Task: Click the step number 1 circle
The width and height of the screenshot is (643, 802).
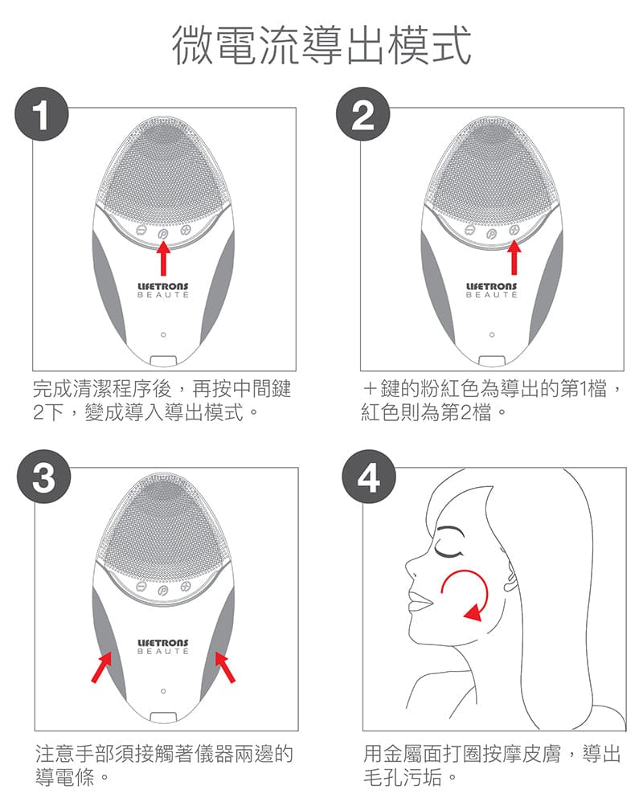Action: point(42,114)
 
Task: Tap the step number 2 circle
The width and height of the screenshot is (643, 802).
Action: point(362,114)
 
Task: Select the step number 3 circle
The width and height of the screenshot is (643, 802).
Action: point(44,477)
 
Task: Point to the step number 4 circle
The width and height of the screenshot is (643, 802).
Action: point(368,477)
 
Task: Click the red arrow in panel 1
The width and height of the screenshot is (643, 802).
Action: point(163,258)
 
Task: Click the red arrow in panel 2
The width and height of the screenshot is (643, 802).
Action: point(514,258)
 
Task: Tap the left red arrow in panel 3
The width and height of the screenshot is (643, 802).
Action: point(101,666)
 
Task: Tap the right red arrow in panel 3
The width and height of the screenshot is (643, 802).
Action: point(225,666)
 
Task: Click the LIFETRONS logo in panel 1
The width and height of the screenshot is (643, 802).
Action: point(163,290)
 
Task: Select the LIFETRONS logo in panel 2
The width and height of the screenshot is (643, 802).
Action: point(492,290)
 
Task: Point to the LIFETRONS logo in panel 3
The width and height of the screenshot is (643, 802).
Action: point(163,647)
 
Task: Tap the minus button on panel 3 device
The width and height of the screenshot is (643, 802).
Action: point(141,586)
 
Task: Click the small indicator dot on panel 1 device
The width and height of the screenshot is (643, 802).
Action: point(163,334)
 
